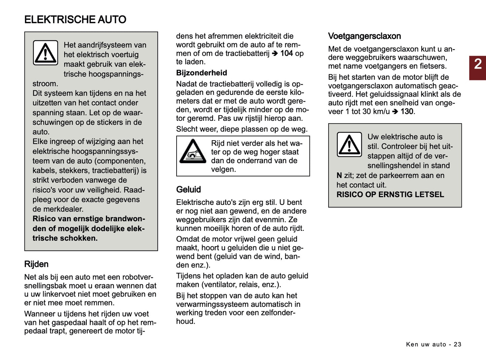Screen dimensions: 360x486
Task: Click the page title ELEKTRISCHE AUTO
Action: [75, 20]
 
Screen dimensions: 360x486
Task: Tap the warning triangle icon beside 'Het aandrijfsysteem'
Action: [45, 53]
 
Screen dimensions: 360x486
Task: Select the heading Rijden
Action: [36, 264]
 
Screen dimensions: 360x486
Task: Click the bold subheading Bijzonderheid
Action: [201, 73]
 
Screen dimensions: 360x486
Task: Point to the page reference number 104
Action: [287, 53]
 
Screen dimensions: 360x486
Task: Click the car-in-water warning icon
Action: [193, 151]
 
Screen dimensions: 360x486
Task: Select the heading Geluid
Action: [188, 189]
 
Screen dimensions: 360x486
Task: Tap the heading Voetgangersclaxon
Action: [364, 36]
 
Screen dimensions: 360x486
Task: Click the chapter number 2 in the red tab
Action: [478, 64]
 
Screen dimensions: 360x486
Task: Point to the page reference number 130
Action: [407, 112]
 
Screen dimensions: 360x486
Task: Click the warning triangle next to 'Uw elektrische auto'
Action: [349, 145]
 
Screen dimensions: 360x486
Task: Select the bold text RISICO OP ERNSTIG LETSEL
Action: [390, 194]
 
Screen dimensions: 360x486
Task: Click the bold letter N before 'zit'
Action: [339, 175]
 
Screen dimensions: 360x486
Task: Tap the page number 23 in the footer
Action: [457, 344]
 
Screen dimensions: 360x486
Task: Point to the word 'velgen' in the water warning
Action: [223, 169]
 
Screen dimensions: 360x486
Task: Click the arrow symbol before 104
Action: [275, 53]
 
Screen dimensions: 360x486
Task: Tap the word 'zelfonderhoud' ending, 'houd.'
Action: [185, 321]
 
